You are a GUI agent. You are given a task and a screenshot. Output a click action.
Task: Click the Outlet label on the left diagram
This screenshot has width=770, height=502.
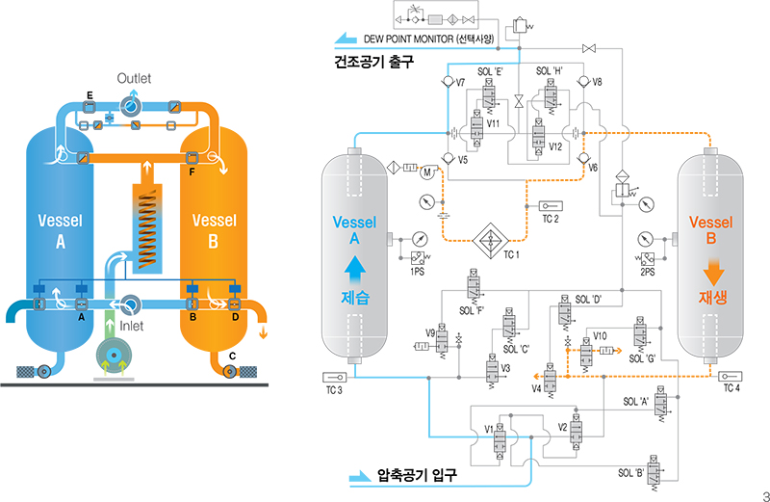point(135,77)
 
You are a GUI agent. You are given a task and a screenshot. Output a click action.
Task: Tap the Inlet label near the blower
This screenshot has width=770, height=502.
point(133,327)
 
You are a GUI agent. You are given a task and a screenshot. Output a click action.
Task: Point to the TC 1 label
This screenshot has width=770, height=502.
point(512,254)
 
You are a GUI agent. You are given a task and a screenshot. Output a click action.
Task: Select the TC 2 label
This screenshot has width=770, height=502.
point(551,220)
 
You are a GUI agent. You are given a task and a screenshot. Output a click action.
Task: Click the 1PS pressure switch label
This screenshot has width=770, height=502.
point(418,272)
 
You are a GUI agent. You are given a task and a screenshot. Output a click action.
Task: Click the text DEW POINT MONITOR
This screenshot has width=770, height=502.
point(429,40)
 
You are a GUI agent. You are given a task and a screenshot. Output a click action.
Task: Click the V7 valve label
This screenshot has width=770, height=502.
point(461,83)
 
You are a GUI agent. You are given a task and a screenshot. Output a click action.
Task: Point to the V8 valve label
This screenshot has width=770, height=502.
point(597,83)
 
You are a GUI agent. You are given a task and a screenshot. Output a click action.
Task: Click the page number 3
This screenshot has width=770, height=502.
point(764,495)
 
